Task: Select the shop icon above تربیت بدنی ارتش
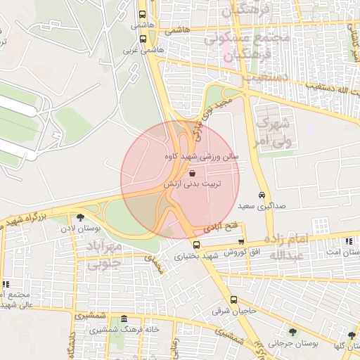[x=193, y=172]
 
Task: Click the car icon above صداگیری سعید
[x=262, y=195]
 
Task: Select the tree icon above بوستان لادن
[x=80, y=217]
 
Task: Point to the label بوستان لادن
[x=77, y=229]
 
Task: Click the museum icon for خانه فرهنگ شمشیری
[x=124, y=319]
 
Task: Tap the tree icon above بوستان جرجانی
[x=292, y=332]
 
